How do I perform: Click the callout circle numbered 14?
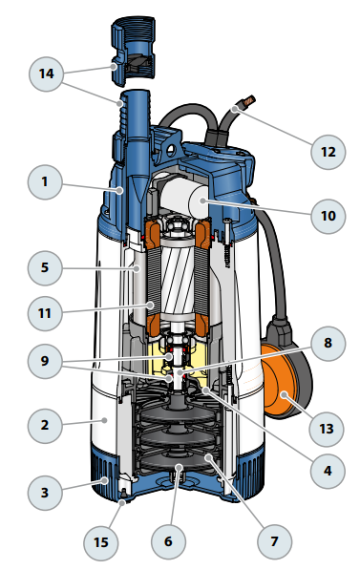[46, 74]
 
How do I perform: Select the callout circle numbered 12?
[328, 152]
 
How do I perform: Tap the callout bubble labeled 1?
[45, 181]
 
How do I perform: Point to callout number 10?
[328, 216]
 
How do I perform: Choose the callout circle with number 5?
[45, 268]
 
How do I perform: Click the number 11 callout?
[45, 313]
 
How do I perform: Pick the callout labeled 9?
[45, 361]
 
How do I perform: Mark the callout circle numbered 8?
[328, 343]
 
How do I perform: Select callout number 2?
[45, 425]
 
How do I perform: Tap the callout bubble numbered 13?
[327, 429]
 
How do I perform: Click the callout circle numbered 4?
[328, 471]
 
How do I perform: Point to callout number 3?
[45, 493]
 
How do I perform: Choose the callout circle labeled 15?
[101, 542]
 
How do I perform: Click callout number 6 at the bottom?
[168, 541]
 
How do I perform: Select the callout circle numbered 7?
[275, 541]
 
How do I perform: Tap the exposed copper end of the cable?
[250, 100]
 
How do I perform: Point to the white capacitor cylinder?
[183, 200]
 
